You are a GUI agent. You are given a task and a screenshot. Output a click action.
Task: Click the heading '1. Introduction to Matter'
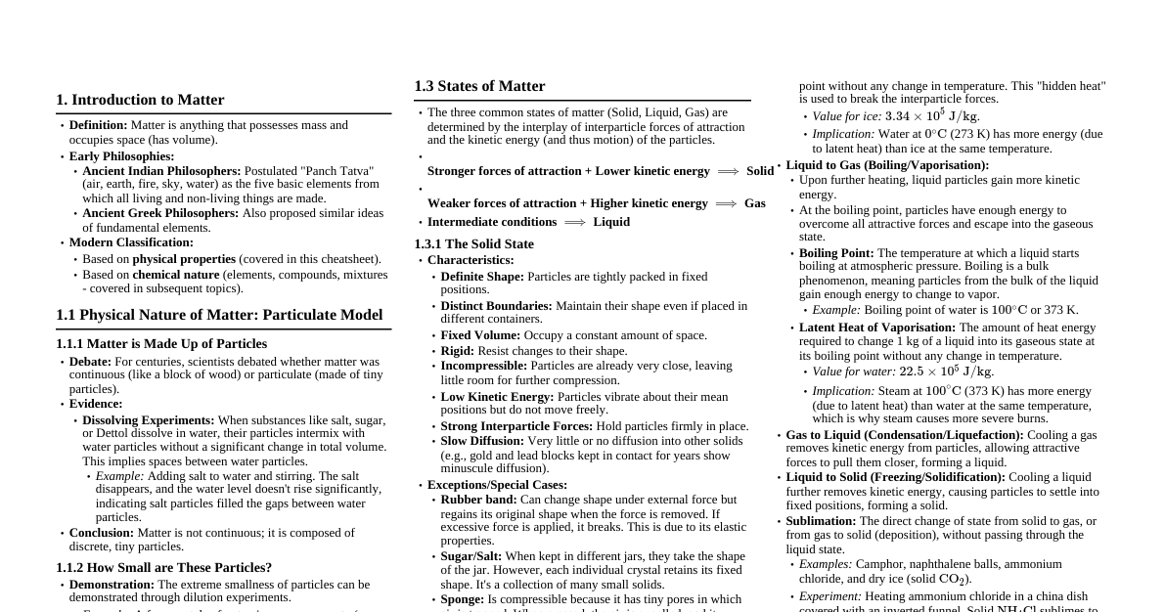tap(140, 100)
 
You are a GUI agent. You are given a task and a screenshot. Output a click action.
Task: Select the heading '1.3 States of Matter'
tap(479, 86)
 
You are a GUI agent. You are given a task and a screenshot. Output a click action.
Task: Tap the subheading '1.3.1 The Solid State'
tap(473, 244)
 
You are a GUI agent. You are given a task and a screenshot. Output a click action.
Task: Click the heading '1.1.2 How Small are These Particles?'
tap(163, 568)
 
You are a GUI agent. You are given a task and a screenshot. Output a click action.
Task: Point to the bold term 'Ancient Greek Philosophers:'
tap(160, 213)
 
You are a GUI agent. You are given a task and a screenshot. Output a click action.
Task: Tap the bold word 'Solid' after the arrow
tap(760, 171)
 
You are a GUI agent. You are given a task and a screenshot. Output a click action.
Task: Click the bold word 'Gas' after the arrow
tap(755, 203)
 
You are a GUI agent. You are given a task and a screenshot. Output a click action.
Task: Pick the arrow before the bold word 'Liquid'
tap(575, 222)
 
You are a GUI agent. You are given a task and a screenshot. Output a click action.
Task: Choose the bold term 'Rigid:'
tap(458, 351)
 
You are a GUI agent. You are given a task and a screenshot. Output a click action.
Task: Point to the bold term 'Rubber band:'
tap(478, 500)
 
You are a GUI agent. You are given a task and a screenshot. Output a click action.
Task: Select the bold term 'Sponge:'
tap(463, 599)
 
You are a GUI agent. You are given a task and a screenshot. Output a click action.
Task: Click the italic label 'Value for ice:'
tap(846, 116)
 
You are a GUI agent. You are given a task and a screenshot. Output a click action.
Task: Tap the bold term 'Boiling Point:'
tap(836, 253)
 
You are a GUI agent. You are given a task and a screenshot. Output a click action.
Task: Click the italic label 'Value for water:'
tap(854, 372)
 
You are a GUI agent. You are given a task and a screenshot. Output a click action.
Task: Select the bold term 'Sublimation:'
tap(821, 521)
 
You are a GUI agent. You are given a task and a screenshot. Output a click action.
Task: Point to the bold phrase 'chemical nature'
tap(176, 275)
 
